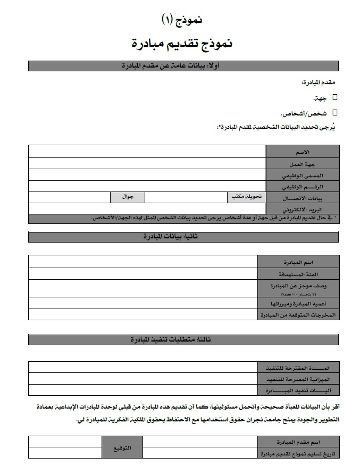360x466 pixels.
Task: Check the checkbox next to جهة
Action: pos(335,97)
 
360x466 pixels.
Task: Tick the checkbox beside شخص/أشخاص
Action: pos(335,112)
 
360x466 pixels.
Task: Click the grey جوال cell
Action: pos(128,197)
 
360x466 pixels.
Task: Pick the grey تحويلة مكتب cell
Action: pos(247,197)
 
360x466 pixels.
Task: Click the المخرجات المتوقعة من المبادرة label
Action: pos(298,314)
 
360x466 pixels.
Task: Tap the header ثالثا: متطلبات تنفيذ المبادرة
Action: pos(183,339)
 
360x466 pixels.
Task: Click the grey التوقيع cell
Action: pos(122,447)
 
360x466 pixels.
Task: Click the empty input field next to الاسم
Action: pos(147,152)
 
